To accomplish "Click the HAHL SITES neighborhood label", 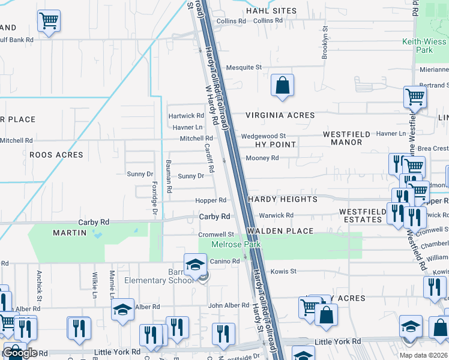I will tap(271, 11).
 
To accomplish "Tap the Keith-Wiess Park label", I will tap(424, 46).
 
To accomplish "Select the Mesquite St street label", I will tap(244, 67).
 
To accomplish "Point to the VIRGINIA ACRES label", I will tap(280, 115).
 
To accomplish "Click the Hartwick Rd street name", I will tap(186, 115).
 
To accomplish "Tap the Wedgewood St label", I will tap(264, 136).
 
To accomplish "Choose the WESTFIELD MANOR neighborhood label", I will tap(343, 138).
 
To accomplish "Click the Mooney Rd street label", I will tap(262, 158).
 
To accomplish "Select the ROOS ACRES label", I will tap(56, 155).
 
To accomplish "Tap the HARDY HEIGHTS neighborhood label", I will tap(281, 199).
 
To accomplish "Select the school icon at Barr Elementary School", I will tap(195, 265).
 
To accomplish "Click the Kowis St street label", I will tap(285, 271).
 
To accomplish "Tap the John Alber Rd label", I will tap(228, 305).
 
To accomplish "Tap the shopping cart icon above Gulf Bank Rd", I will tap(49, 22).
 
